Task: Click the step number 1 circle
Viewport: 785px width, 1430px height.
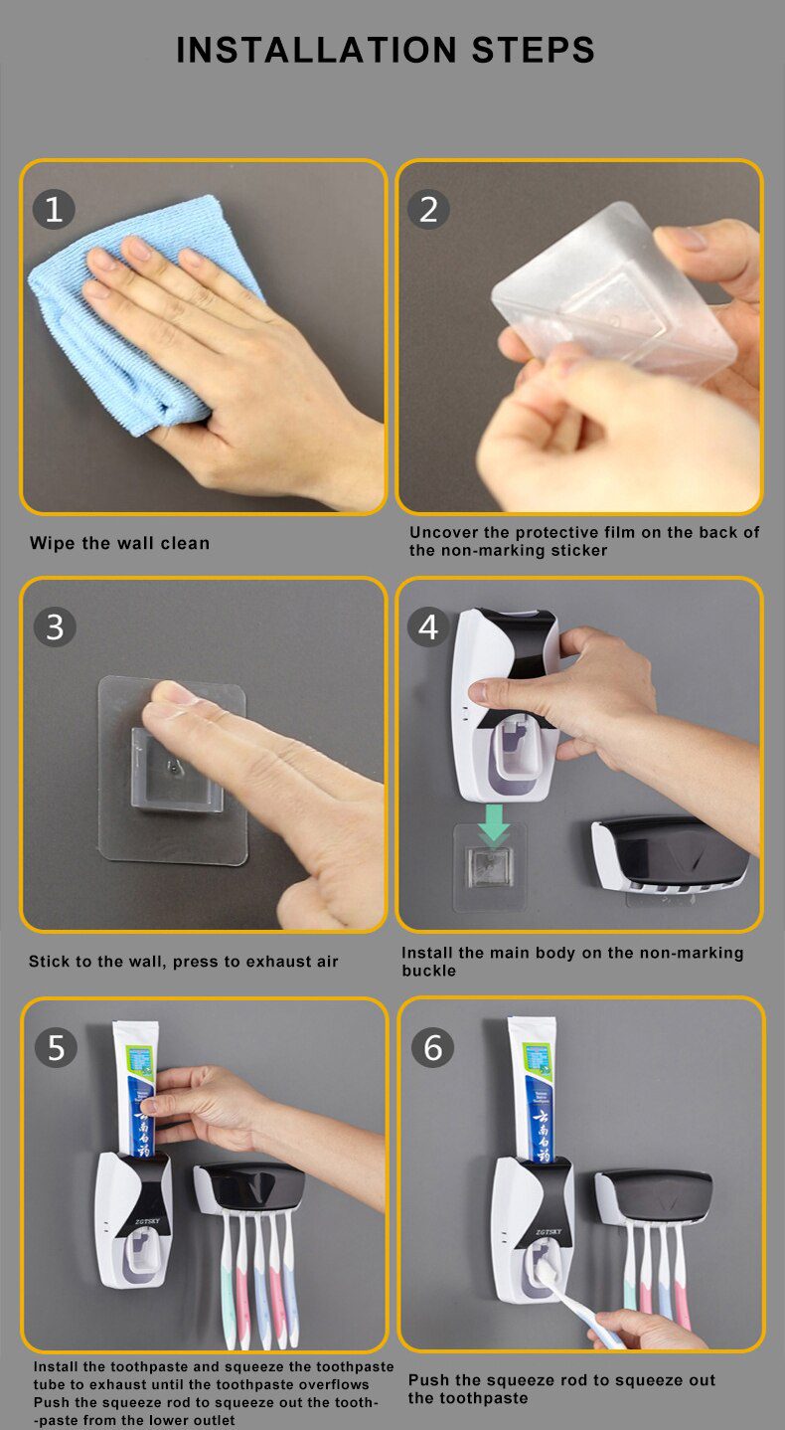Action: tap(54, 209)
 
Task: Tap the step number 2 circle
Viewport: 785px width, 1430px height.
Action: tap(428, 209)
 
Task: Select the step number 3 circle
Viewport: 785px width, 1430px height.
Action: tap(54, 626)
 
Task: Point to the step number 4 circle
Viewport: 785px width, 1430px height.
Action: tap(428, 626)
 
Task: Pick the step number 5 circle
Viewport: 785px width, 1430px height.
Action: tap(56, 1047)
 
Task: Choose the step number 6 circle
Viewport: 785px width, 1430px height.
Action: tap(432, 1047)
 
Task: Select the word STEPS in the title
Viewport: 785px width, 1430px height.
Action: tap(528, 50)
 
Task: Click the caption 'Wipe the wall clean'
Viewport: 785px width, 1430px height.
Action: tap(119, 543)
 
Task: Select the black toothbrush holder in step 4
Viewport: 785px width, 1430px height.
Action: tap(672, 855)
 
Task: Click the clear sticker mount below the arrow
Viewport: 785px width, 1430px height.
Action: tap(490, 867)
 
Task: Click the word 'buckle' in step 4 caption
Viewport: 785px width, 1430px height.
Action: tap(429, 971)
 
